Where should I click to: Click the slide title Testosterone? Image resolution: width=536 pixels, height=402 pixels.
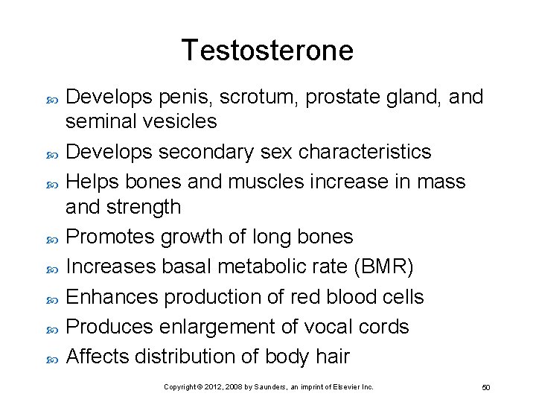[267, 51]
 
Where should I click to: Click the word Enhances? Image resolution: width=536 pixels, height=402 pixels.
[112, 297]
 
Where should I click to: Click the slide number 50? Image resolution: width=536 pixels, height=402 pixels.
[485, 388]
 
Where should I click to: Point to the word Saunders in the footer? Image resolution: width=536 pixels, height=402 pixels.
[257, 387]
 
